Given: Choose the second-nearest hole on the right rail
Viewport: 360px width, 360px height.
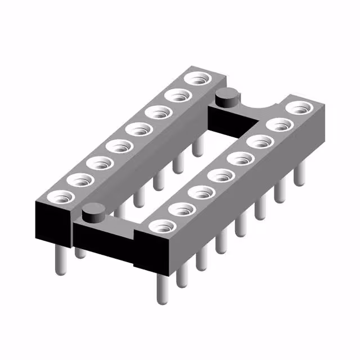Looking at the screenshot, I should (x=182, y=210).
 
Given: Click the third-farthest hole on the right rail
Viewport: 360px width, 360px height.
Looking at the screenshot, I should (x=259, y=141).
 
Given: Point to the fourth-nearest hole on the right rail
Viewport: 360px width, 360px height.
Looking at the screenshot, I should (x=222, y=175).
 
